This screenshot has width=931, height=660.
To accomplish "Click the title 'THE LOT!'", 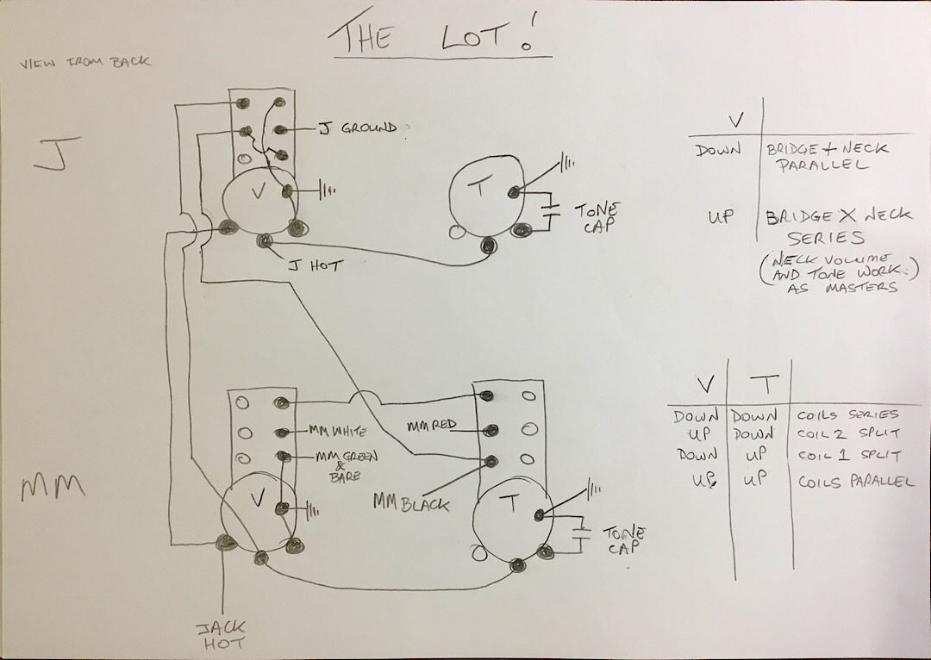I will pos(438,35).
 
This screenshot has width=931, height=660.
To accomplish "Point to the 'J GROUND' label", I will pos(358,128).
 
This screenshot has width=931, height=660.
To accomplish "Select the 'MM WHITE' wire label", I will pos(338,430).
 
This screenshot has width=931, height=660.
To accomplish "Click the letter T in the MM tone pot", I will pos(512,505).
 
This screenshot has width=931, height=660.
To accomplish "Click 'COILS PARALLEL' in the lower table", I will pos(855,481).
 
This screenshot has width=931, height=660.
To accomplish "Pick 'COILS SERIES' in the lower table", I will pos(847,414).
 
